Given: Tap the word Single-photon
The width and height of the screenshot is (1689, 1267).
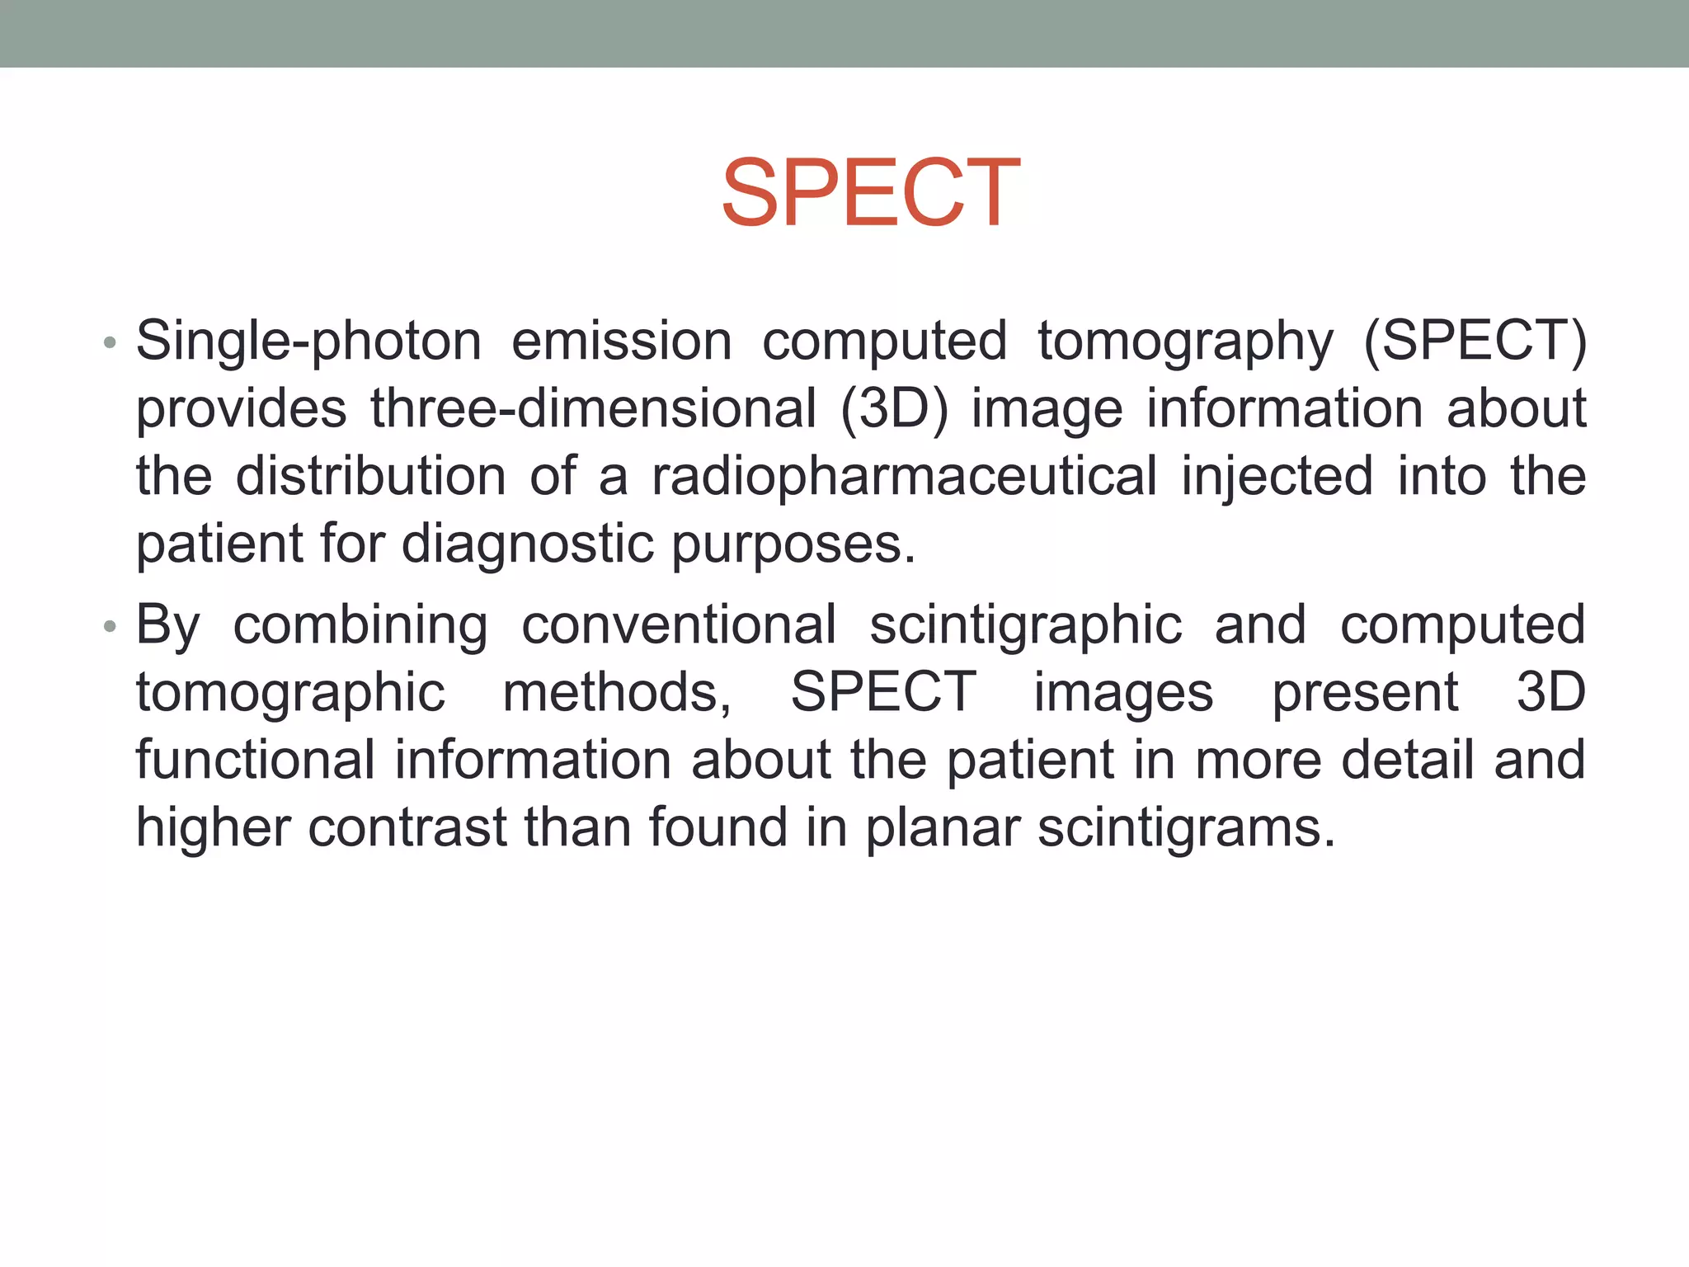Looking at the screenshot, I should coord(308,341).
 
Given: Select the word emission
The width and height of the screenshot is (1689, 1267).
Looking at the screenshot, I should coord(621,341).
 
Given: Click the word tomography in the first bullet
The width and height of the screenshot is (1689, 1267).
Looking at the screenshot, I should coord(1185,341).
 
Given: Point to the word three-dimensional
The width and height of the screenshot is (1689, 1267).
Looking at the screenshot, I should coord(593,408).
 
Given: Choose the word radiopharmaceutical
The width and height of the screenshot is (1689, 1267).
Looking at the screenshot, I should coord(904,476).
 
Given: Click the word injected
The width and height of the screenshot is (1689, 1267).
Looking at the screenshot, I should coord(1277,476).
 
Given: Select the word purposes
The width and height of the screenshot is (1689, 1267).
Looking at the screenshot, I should coord(793,544).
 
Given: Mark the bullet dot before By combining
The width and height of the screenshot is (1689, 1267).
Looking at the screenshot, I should coord(111,627).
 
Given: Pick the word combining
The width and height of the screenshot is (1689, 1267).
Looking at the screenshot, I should coord(360,625).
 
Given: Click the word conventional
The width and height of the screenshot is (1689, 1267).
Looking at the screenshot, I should coord(679,625).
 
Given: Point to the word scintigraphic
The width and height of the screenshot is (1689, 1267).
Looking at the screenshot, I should coord(1026,625).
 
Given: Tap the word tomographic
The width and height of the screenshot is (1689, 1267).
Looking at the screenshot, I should coord(290,693).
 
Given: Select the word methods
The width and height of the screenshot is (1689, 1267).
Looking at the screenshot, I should coord(616,693).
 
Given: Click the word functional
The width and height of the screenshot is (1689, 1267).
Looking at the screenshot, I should coord(255,760).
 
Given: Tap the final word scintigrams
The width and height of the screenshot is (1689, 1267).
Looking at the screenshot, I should coord(1186,827).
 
